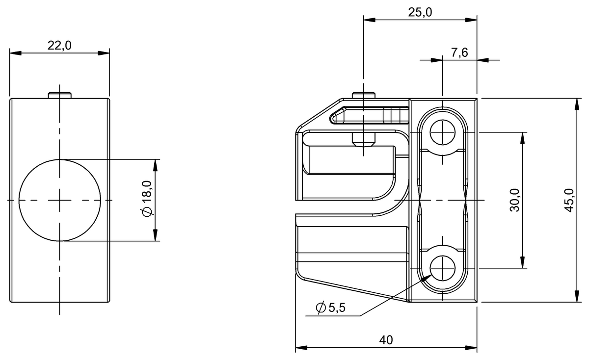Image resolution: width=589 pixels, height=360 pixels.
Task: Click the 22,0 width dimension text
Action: tap(59, 46)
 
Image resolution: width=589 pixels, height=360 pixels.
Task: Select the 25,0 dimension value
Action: tap(420, 13)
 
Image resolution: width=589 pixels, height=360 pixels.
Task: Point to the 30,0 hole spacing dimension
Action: tap(514, 200)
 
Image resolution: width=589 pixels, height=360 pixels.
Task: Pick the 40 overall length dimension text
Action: tap(386, 340)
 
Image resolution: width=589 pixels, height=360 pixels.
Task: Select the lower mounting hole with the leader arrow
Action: tap(443, 268)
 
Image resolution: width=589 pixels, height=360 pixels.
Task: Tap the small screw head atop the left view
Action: tap(60, 95)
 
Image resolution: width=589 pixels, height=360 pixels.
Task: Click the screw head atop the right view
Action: tap(364, 95)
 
